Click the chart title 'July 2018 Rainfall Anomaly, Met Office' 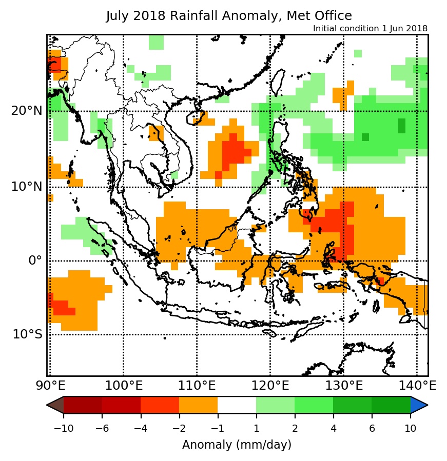tap(229, 16)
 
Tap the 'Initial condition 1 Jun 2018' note tap(370, 29)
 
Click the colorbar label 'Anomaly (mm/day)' tap(237, 445)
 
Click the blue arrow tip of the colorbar tap(418, 405)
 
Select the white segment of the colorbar tap(237, 405)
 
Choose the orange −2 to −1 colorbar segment tap(198, 405)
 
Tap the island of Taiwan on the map tap(278, 82)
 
